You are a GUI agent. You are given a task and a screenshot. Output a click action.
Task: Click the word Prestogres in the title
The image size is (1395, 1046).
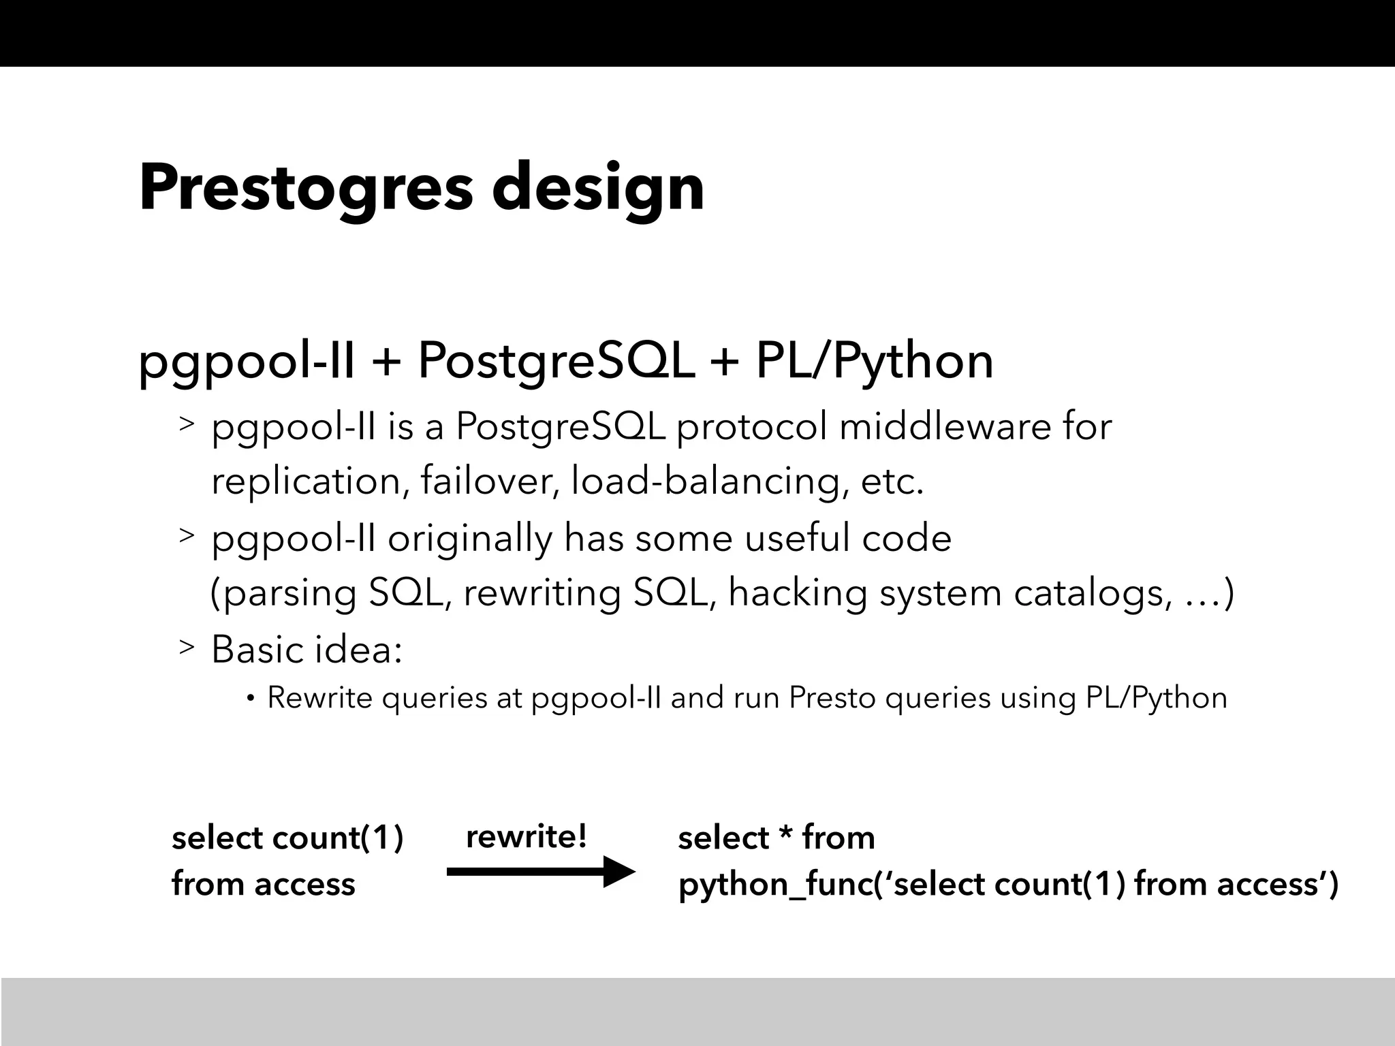[305, 188]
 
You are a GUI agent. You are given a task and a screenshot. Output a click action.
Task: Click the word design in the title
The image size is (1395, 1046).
[597, 188]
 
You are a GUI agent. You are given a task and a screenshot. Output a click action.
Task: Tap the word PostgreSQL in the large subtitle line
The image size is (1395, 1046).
[555, 361]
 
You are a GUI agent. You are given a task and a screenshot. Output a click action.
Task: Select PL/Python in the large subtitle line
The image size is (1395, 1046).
[875, 361]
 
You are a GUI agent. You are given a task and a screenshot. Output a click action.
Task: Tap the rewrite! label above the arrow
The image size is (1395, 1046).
[526, 836]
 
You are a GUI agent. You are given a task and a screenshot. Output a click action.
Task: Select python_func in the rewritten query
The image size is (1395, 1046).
[776, 885]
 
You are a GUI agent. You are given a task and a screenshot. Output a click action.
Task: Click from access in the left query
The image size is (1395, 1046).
[263, 885]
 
